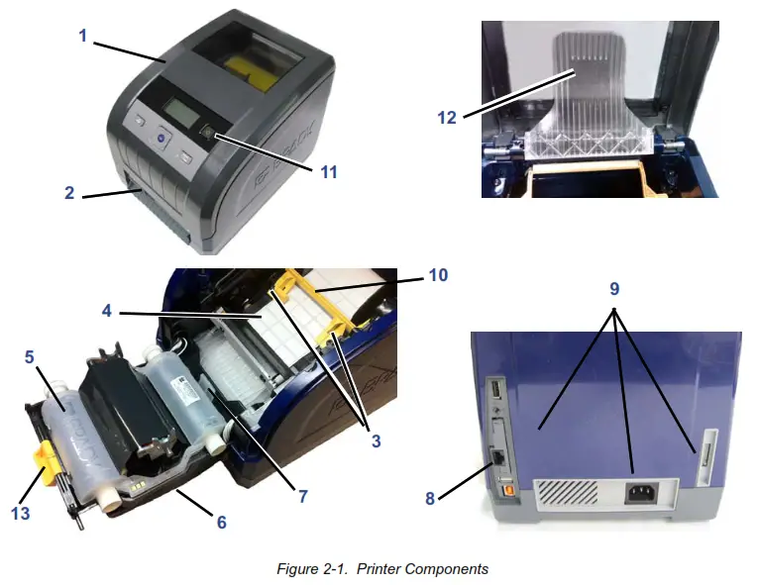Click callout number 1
click(83, 36)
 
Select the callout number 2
click(69, 193)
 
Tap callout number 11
click(327, 171)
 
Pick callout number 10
click(438, 276)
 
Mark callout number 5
click(30, 352)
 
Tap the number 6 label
click(221, 521)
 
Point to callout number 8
click(430, 498)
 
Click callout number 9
click(614, 290)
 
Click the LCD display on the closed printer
click(179, 111)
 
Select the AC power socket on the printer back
click(639, 493)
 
